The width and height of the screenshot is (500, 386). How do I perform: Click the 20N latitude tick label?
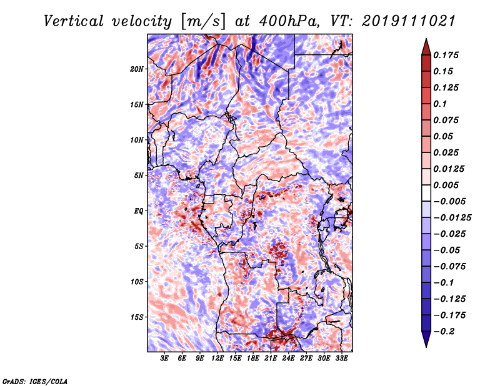137,69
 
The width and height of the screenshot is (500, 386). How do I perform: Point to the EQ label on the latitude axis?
139,211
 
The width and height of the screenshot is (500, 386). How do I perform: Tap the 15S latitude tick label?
137,317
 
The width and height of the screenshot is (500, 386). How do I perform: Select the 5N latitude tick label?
139,176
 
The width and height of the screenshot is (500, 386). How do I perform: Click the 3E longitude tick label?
164,359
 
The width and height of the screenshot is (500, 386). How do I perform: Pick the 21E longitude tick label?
271,359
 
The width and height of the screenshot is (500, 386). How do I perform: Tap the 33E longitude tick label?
341,359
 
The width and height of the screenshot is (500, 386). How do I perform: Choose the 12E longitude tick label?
217,359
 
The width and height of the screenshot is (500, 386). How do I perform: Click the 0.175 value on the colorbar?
446,55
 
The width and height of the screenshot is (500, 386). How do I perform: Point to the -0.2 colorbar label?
444,332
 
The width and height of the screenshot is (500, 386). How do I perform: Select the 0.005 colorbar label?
446,185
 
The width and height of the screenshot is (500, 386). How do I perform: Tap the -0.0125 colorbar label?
452,218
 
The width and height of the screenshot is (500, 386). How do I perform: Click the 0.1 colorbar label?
440,104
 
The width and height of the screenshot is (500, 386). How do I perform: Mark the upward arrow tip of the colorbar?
426,39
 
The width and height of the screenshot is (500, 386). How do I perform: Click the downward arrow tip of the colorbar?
426,347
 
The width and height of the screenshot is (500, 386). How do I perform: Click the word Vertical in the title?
74,21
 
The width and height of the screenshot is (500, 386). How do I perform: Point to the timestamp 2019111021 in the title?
409,21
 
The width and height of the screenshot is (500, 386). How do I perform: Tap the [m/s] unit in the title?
202,22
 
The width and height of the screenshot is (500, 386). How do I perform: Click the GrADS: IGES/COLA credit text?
35,381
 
